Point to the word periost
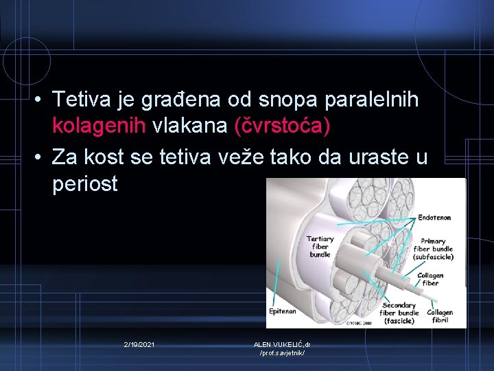coord(85,184)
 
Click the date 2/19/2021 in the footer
coord(139,344)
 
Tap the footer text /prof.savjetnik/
coord(281,352)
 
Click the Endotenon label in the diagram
coord(434,218)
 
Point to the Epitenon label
coord(281,311)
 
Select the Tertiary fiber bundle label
coord(320,247)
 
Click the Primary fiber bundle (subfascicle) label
coord(432,249)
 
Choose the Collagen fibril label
coord(440,316)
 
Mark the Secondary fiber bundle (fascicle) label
coord(399,313)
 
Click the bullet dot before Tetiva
coord(42,100)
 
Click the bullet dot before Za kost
coord(42,157)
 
